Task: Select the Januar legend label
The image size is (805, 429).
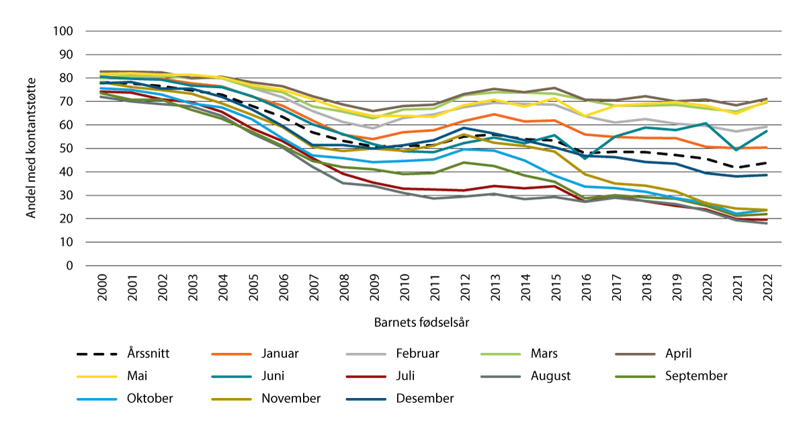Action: [x=280, y=353]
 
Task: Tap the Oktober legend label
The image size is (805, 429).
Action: [x=150, y=399]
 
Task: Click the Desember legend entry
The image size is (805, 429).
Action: [x=425, y=399]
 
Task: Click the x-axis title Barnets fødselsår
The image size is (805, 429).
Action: [x=421, y=322]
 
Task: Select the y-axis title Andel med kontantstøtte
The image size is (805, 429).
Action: [x=31, y=148]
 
